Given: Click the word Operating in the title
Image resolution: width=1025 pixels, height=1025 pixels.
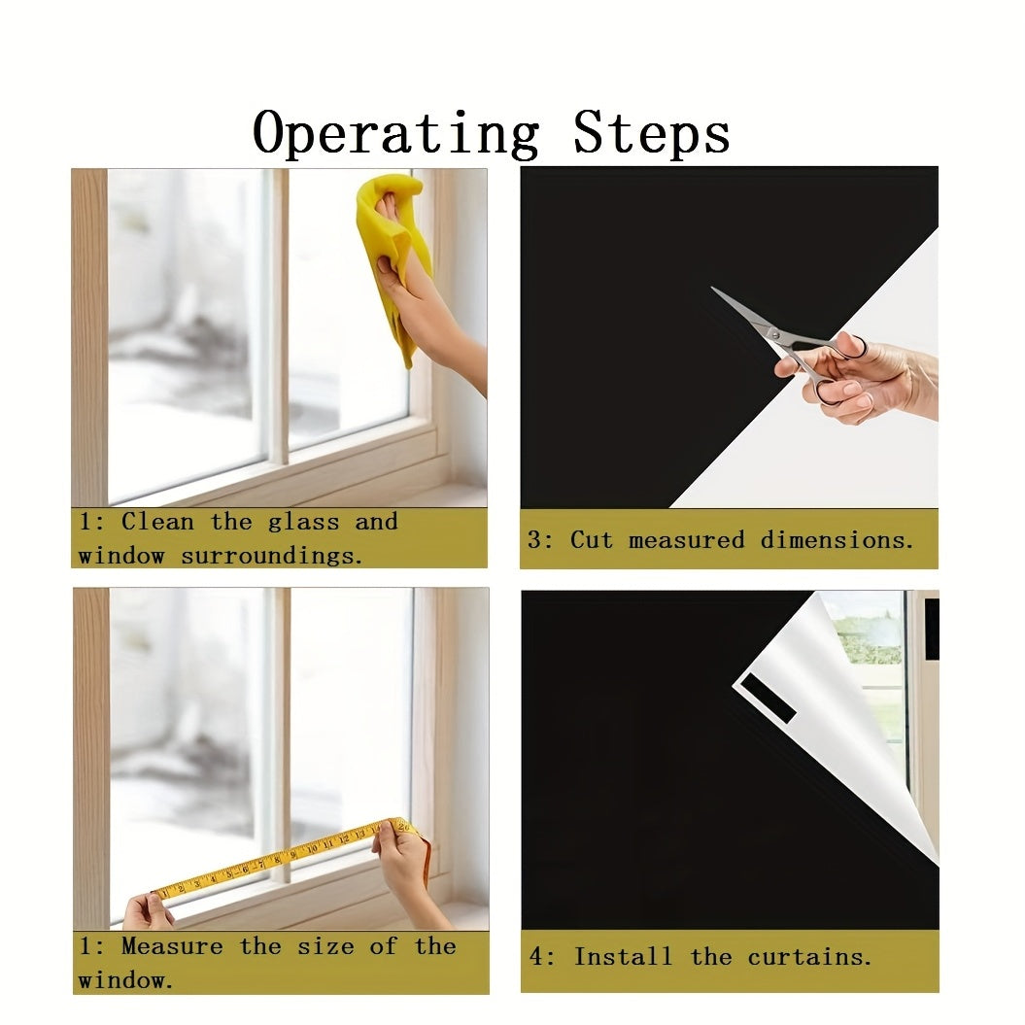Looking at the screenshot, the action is [x=396, y=134].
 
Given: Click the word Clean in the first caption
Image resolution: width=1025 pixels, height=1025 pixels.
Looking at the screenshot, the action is [x=157, y=521].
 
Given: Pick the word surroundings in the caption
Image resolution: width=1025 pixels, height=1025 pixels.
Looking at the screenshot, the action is [x=271, y=556].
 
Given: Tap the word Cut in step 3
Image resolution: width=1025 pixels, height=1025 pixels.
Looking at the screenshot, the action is [x=591, y=539].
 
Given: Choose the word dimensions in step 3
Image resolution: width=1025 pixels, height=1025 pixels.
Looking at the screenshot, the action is [x=837, y=539].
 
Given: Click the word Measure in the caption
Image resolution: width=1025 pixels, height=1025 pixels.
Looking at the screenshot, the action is [x=173, y=946].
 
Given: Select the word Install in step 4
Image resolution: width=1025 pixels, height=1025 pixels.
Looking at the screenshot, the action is [x=623, y=956].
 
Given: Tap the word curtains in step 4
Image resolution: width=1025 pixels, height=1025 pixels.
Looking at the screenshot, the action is [x=809, y=957].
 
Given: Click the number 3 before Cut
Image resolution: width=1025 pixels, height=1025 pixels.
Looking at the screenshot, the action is [x=535, y=539].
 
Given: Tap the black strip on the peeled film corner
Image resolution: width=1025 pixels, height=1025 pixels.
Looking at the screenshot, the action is [x=768, y=698].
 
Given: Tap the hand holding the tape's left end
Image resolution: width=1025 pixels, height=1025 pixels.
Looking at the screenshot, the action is [x=148, y=912].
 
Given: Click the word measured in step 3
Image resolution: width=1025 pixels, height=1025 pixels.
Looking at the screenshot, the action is [x=686, y=539].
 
